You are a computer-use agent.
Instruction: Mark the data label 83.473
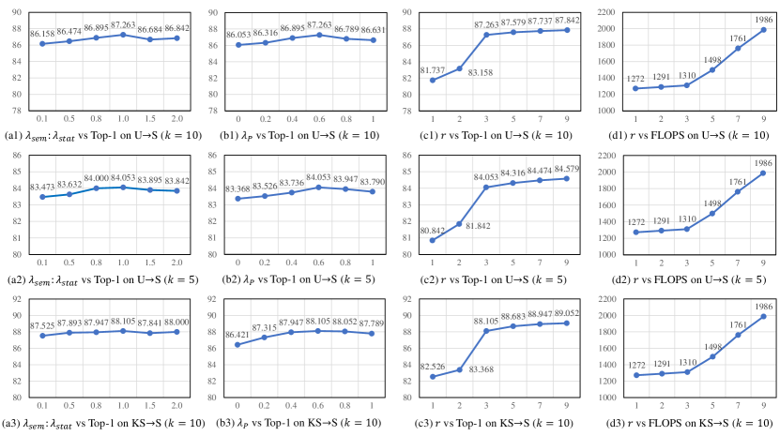coord(44,188)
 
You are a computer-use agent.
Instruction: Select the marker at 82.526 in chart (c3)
coord(433,377)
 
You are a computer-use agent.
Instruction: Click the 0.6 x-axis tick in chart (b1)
coord(294,119)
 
